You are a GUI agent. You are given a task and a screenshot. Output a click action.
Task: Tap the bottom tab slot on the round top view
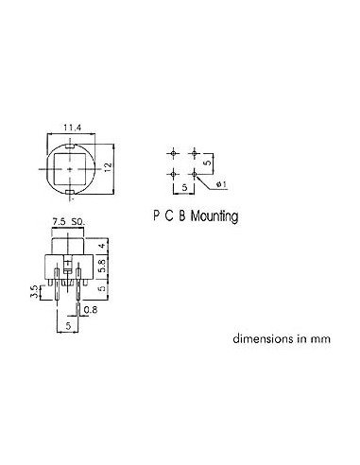pos(72,196)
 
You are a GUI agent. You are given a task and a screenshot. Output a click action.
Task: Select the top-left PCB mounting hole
pos(175,152)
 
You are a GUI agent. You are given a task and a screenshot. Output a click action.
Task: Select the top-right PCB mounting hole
pos(195,152)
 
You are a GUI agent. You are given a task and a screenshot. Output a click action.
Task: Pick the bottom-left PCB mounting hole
pos(175,173)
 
